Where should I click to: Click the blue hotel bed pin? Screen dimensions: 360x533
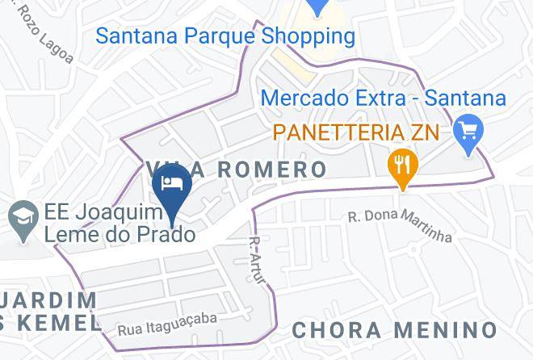coord(171,183)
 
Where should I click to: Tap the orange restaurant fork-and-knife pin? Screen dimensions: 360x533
coord(401,165)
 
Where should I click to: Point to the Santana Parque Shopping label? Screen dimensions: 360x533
coord(225,36)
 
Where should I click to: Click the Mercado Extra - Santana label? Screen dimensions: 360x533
coord(384,99)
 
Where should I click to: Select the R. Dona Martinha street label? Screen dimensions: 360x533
coord(400,226)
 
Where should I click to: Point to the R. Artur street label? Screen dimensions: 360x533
coord(256,260)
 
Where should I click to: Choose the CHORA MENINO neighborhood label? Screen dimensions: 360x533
coord(394,329)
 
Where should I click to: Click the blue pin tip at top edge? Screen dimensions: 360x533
coord(319,10)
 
